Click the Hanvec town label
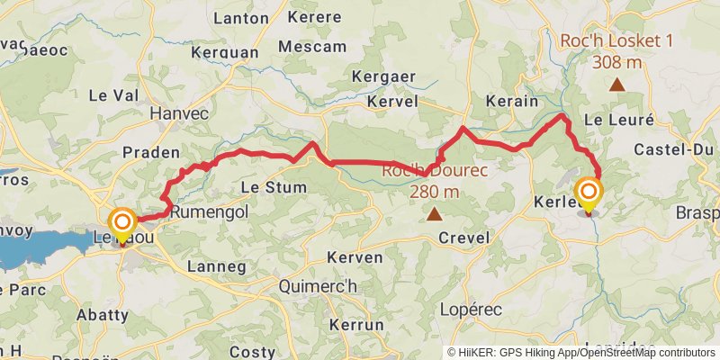pyautogui.click(x=179, y=113)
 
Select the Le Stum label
pyautogui.click(x=274, y=187)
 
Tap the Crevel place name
pyautogui.click(x=463, y=238)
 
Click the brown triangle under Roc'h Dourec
pyautogui.click(x=435, y=214)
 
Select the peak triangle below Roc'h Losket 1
pyautogui.click(x=616, y=85)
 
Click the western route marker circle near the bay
pyautogui.click(x=121, y=221)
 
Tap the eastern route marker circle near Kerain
pyautogui.click(x=589, y=192)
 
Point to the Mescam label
pyautogui.click(x=312, y=46)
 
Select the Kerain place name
pyautogui.click(x=511, y=101)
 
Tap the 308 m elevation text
pyautogui.click(x=616, y=62)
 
